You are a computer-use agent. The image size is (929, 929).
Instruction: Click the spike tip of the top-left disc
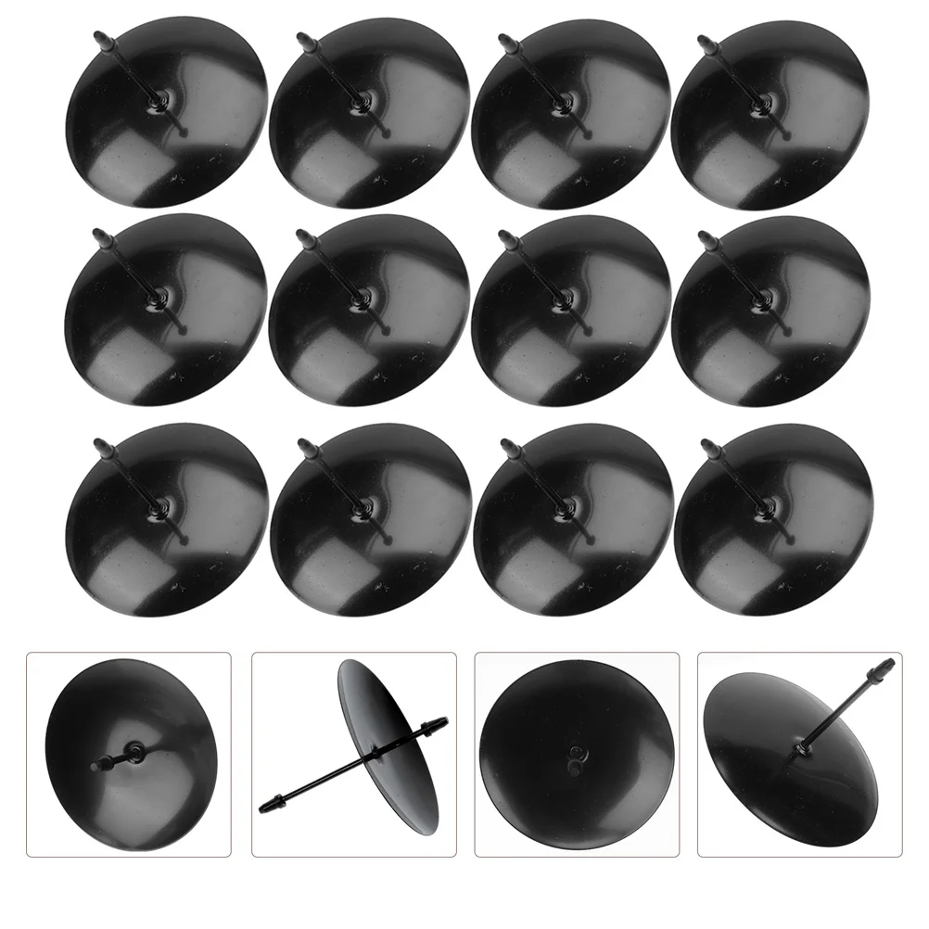(x=96, y=36)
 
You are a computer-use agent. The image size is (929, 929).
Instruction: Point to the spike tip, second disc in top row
(x=301, y=38)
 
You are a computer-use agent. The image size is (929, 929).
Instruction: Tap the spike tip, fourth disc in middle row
(x=705, y=236)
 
